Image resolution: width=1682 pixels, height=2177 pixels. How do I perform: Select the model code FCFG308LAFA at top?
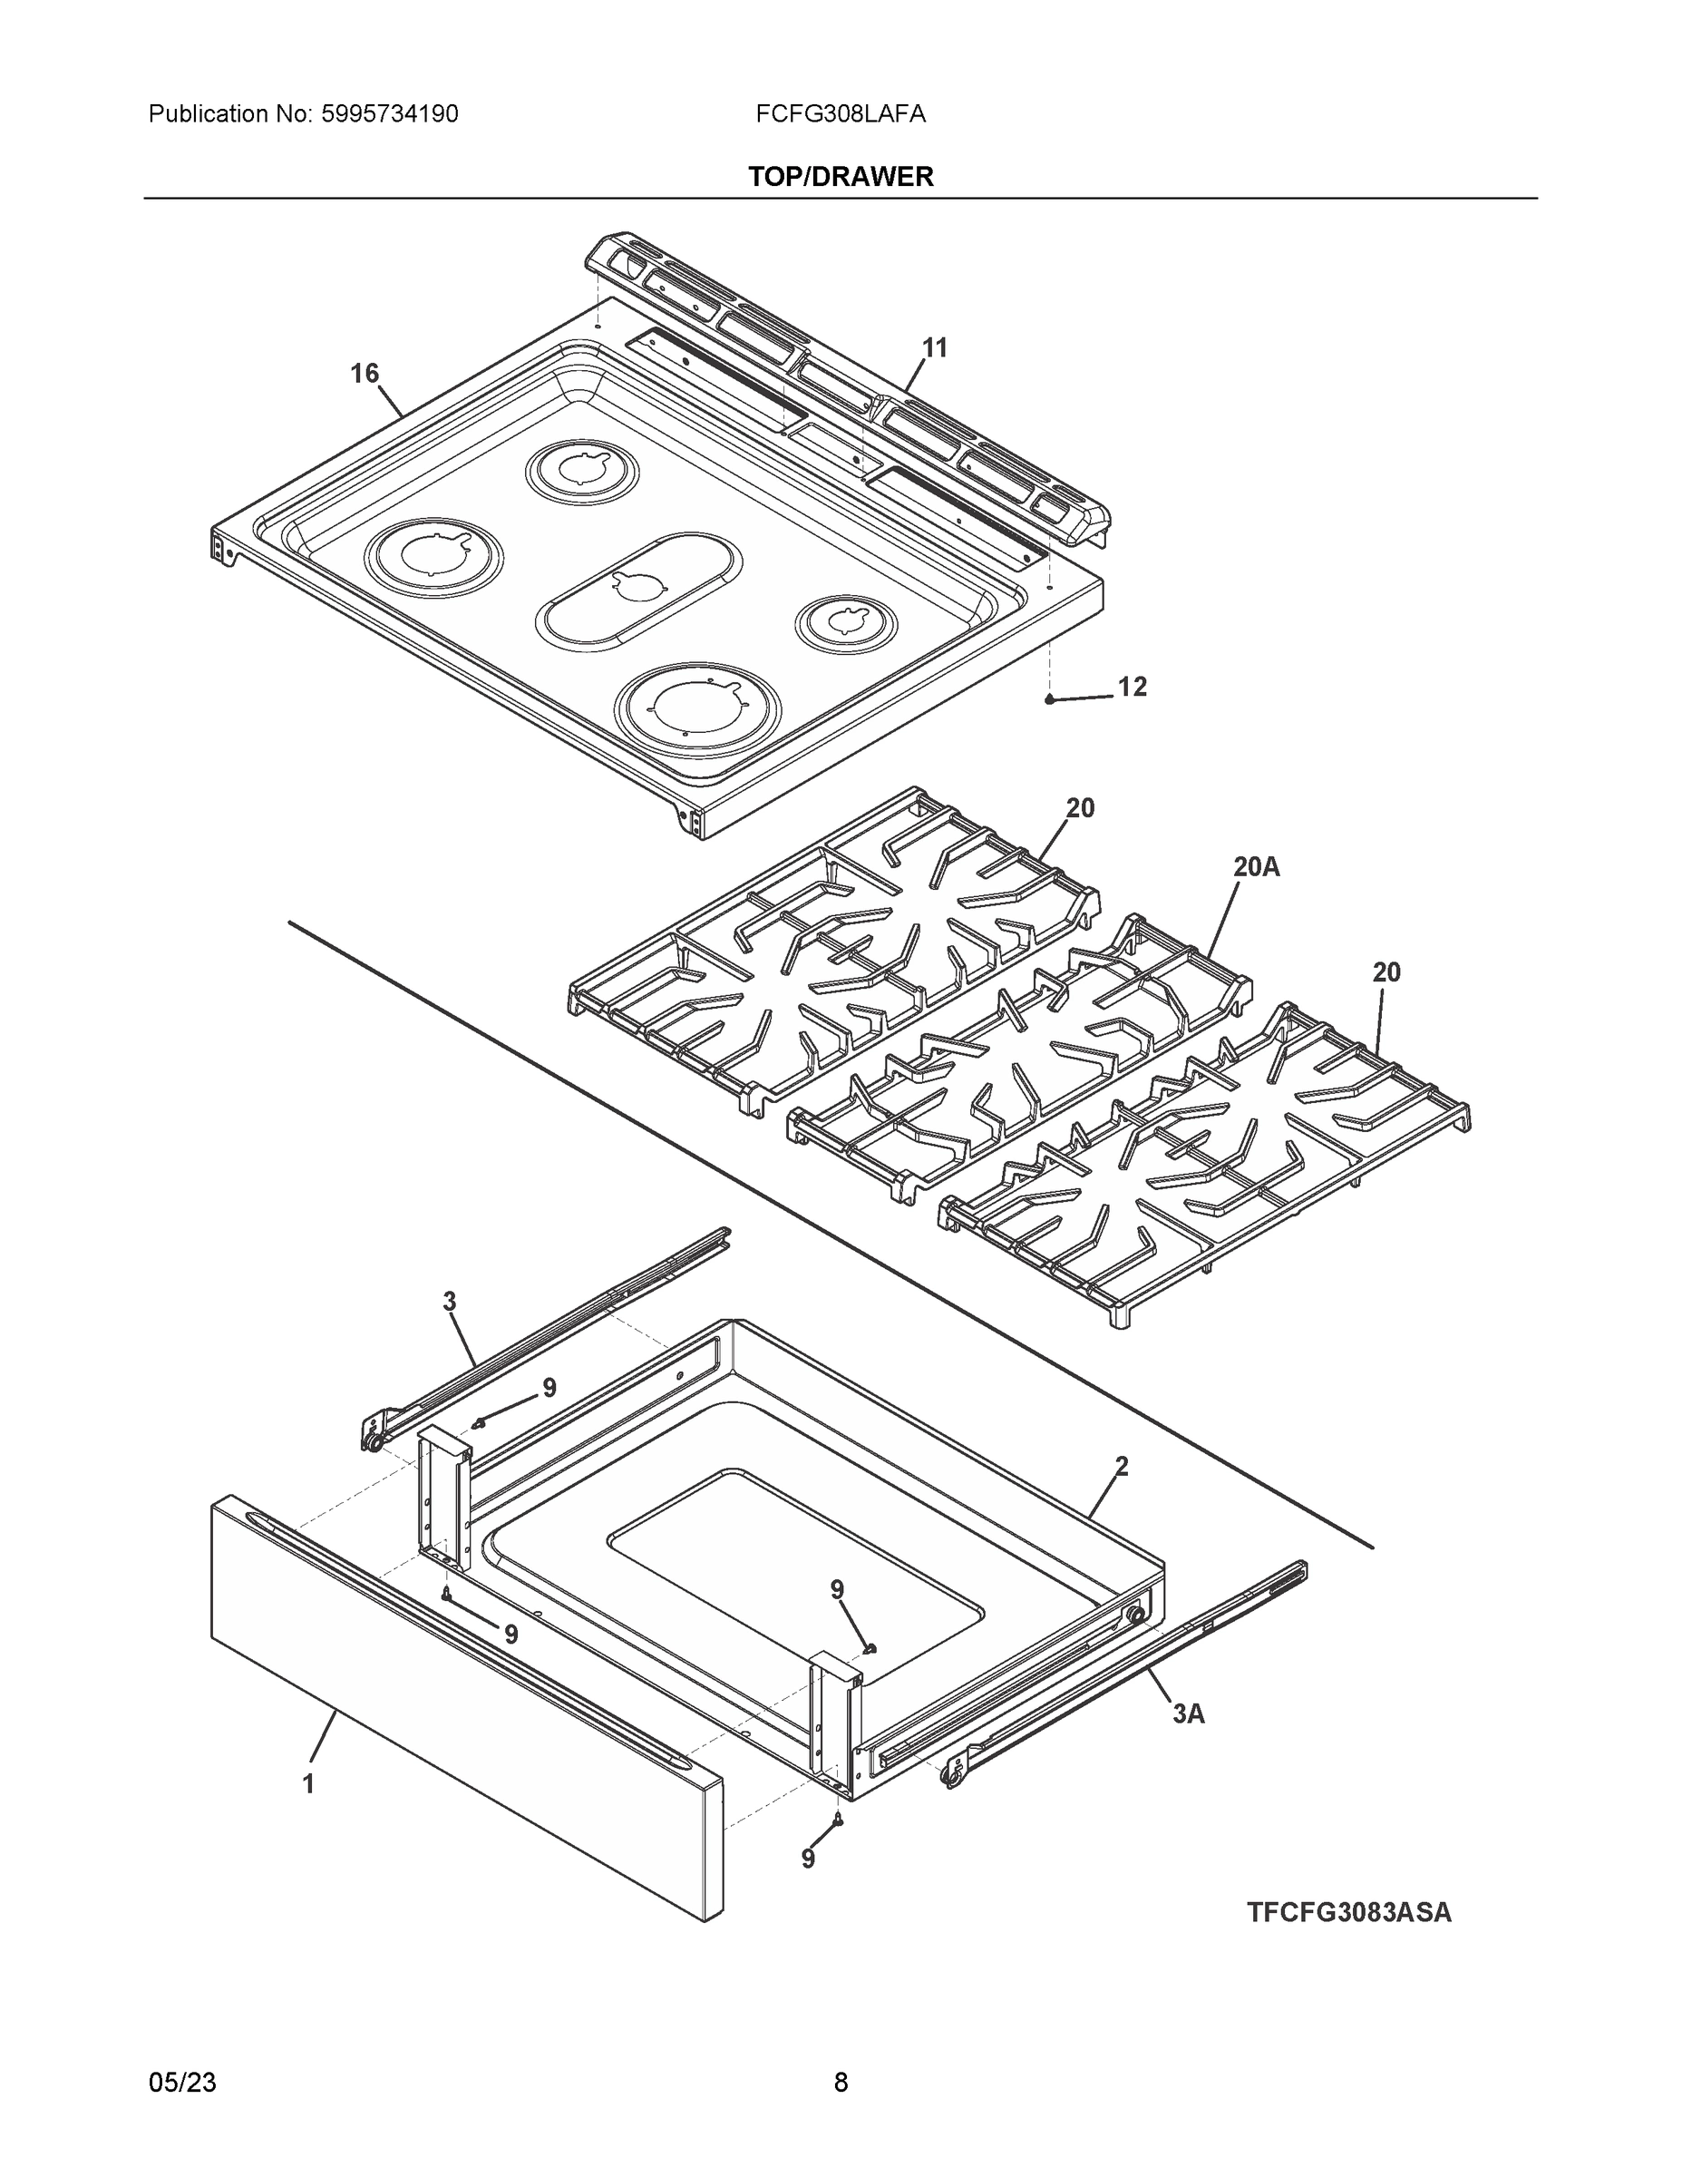pyautogui.click(x=840, y=114)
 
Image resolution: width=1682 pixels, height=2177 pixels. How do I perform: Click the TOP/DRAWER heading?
pyautogui.click(x=840, y=177)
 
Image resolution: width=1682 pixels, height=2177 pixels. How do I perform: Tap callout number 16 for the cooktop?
pyautogui.click(x=364, y=373)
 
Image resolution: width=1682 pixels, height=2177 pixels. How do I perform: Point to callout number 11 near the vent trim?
pyautogui.click(x=934, y=348)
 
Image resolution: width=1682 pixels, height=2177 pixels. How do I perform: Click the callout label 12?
pyautogui.click(x=1132, y=687)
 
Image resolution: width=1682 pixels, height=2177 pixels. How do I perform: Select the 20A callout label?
pyautogui.click(x=1256, y=867)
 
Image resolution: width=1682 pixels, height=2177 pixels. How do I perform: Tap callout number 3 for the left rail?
pyautogui.click(x=450, y=1301)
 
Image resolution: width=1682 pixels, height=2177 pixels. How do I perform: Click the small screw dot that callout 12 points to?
pyautogui.click(x=1049, y=699)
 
